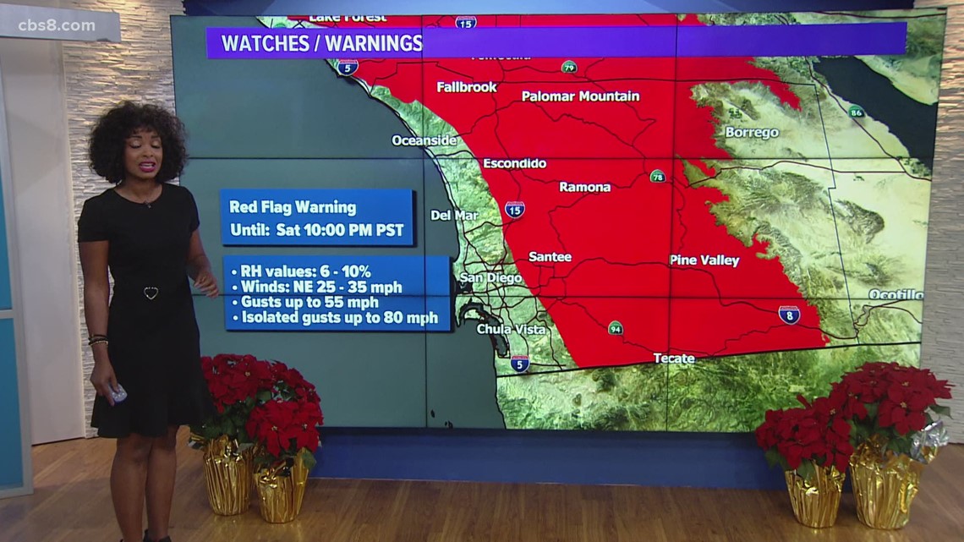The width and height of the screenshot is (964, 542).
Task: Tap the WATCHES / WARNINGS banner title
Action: tap(321, 43)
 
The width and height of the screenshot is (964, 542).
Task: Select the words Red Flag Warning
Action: tap(293, 207)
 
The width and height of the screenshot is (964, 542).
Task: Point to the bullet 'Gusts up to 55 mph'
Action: tap(309, 302)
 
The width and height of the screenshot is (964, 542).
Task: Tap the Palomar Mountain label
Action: tap(580, 96)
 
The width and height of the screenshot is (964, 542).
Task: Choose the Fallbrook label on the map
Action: tap(467, 87)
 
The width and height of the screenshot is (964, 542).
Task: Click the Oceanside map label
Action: tap(424, 140)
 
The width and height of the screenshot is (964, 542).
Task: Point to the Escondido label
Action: tap(514, 163)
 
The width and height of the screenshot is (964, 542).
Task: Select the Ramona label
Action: tap(584, 187)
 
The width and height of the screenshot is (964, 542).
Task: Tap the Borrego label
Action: tap(751, 133)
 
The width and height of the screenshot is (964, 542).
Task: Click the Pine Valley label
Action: tap(704, 260)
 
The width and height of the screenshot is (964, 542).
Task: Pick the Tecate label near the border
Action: tap(674, 359)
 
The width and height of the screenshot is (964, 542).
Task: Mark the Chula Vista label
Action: tap(511, 329)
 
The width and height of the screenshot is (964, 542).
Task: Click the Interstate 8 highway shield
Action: tap(789, 315)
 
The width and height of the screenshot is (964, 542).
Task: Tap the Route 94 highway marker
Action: tap(615, 328)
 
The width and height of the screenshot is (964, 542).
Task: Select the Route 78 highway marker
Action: tap(657, 176)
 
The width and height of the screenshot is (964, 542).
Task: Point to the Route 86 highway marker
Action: tap(856, 112)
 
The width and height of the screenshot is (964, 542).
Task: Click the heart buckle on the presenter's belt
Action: tap(151, 293)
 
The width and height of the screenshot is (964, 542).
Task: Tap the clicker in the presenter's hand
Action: tap(118, 393)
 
